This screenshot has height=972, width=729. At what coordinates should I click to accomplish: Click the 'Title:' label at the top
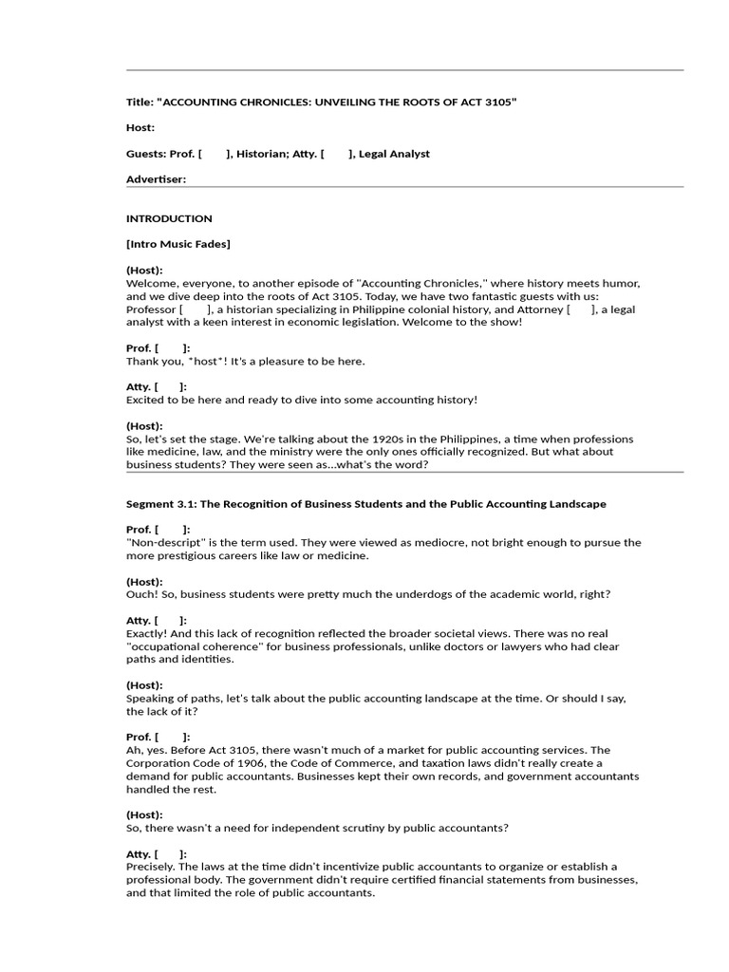tap(140, 102)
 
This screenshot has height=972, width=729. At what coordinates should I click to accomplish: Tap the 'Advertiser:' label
tap(157, 179)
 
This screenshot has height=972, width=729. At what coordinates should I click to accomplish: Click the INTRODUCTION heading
tap(169, 218)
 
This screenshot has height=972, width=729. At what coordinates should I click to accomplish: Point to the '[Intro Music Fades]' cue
tap(178, 244)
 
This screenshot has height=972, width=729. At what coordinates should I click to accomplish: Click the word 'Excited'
tap(147, 400)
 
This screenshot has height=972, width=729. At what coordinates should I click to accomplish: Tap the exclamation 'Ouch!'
tap(142, 594)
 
